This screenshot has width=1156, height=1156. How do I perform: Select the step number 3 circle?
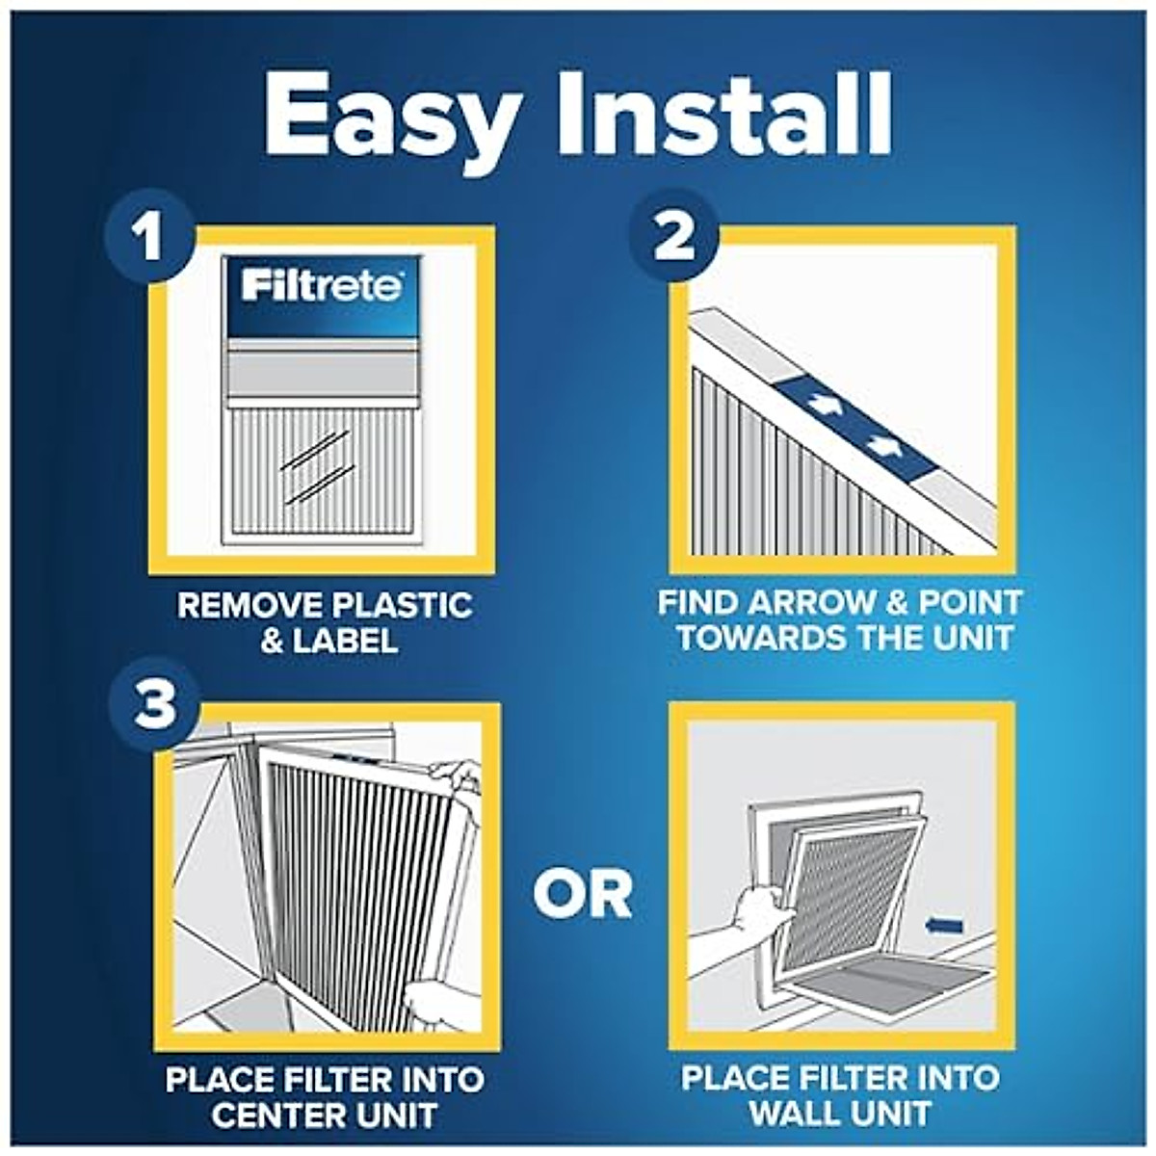coord(154,704)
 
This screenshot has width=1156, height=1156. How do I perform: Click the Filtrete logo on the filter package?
coord(321,286)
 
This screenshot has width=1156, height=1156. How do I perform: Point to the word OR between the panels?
coord(583,894)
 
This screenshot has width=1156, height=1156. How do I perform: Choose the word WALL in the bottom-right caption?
coord(793,1114)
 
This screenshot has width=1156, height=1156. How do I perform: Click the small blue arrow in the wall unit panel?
coord(943,926)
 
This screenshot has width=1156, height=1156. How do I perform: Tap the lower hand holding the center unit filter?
coord(433,1002)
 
